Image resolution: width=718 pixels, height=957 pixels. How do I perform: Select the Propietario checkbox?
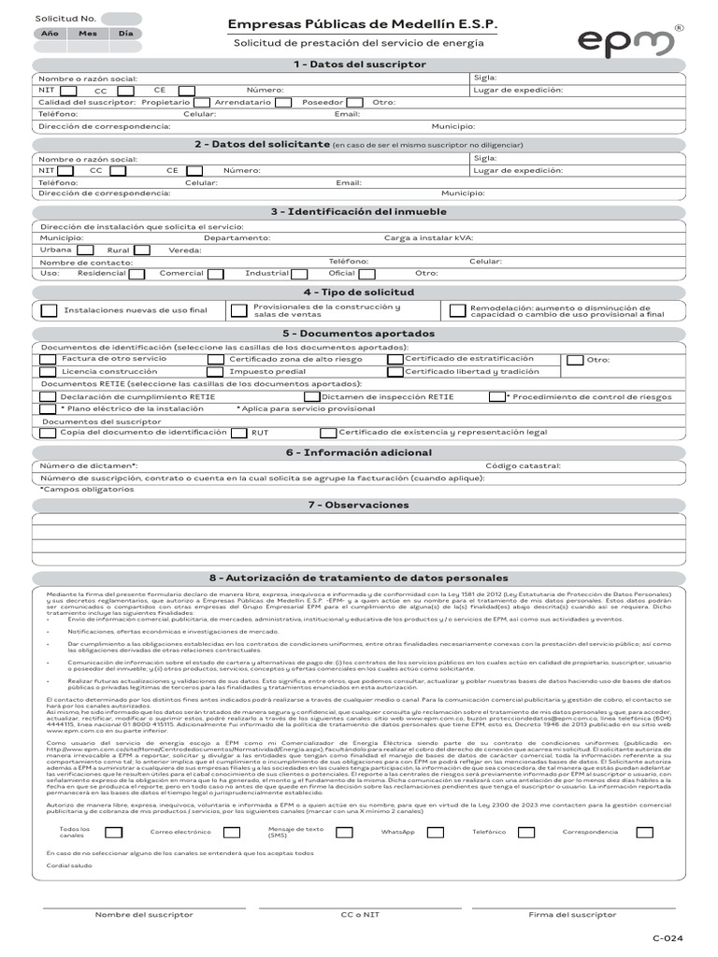202,102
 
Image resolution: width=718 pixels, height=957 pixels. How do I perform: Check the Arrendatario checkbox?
282,102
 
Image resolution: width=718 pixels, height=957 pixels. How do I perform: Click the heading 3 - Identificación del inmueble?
359,212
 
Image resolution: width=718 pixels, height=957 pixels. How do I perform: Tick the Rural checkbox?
141,250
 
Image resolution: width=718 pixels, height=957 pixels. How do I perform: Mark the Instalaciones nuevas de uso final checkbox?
48,310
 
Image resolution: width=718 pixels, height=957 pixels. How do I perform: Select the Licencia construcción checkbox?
48,372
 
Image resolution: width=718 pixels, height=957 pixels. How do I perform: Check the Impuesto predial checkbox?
215,372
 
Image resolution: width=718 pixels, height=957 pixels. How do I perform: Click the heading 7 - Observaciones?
359,506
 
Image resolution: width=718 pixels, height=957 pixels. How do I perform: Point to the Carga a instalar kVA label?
428,238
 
